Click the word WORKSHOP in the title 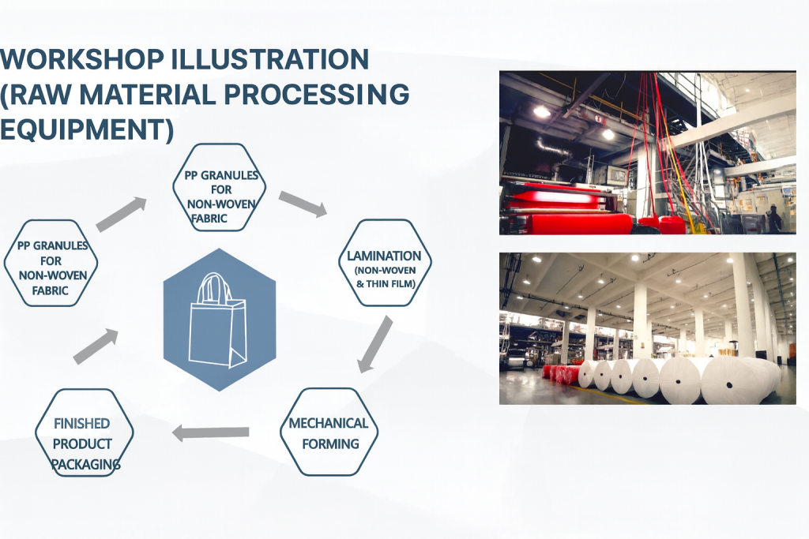(82, 59)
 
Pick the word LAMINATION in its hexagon (384, 256)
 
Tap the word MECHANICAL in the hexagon (328, 423)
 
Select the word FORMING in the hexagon (330, 444)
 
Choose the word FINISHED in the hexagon (81, 424)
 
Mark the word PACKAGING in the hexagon (85, 464)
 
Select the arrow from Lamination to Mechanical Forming (374, 344)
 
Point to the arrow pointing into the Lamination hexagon (303, 204)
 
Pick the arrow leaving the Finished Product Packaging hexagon (96, 346)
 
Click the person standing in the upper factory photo (774, 219)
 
